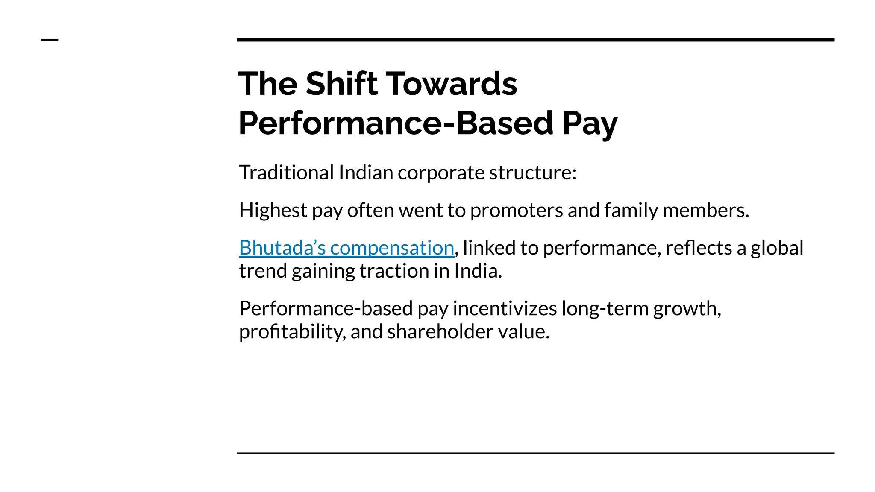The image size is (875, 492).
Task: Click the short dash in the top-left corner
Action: pos(49,40)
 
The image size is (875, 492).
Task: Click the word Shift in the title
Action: pos(341,84)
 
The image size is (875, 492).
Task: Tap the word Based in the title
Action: pos(505,123)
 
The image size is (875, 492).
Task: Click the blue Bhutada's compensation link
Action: pos(346,248)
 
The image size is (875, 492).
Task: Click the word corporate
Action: pos(441,173)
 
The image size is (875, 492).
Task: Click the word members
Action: pos(705,210)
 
